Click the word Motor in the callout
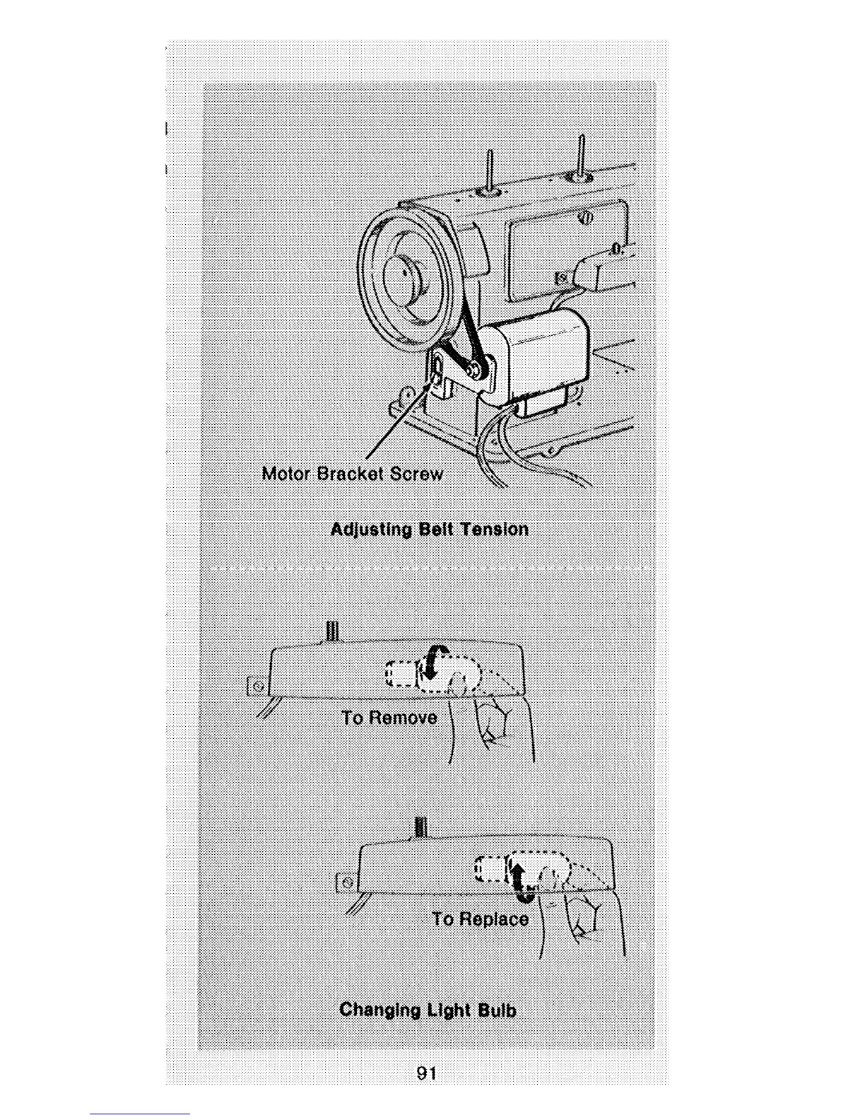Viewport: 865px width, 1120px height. point(286,473)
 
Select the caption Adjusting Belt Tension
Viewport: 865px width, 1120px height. point(429,529)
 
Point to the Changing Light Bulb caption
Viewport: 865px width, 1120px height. point(428,1009)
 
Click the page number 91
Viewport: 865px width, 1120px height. point(426,1073)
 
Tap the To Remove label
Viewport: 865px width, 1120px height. point(389,718)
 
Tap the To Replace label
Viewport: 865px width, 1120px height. point(481,918)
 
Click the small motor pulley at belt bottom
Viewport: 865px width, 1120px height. point(476,367)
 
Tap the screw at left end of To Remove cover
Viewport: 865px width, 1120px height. point(257,686)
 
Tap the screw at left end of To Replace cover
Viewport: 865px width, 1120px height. point(346,882)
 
